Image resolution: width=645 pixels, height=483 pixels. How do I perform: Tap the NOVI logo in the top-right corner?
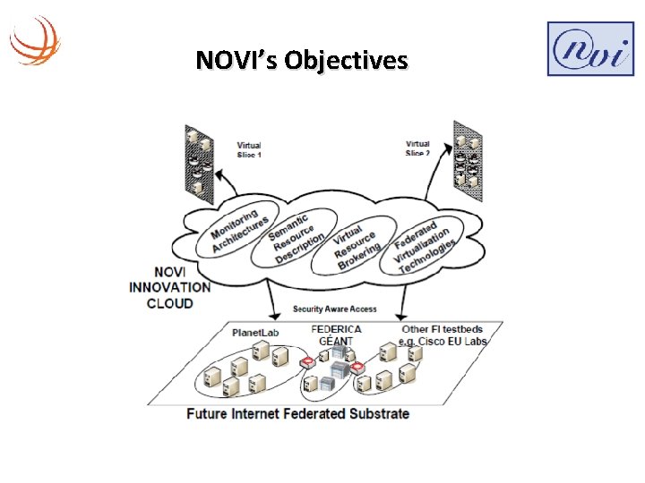point(589,49)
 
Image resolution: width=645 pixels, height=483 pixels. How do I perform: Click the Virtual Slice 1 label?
point(249,149)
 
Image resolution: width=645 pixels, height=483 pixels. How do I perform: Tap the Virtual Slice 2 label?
point(417,148)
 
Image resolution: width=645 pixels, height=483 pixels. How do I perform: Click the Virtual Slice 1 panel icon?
point(198,160)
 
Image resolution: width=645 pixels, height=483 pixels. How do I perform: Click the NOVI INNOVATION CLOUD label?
point(169,287)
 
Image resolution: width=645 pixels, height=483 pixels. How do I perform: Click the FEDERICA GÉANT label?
point(336,335)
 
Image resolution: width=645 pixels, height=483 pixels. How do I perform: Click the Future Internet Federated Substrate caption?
point(297,414)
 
